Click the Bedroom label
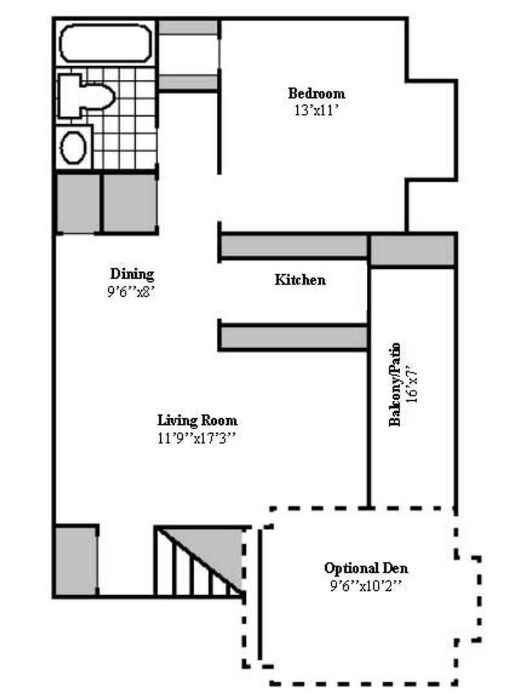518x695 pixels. point(316,93)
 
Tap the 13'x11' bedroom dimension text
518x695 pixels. point(316,109)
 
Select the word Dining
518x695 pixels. point(132,273)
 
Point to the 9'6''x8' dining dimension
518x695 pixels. point(132,290)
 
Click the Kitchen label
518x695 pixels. point(300,280)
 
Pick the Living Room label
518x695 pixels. point(198,421)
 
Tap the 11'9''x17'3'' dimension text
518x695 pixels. point(198,438)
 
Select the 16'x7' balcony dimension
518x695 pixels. point(412,384)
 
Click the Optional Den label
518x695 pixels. point(366,569)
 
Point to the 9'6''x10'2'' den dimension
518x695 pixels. point(366,586)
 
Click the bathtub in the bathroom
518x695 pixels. point(105,43)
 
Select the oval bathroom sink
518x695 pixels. point(74,148)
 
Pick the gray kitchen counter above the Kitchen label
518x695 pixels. point(293,247)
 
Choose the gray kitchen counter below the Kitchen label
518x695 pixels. point(293,337)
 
